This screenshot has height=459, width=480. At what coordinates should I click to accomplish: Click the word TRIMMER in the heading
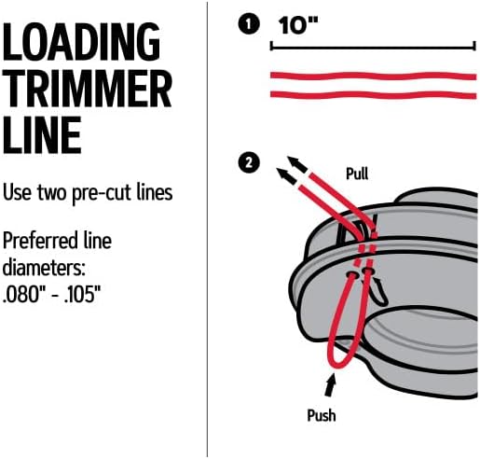(87, 90)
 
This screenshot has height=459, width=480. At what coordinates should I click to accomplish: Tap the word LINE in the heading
(43, 135)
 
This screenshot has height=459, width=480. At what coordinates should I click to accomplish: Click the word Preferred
(43, 242)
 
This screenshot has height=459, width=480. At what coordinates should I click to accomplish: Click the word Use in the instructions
(18, 194)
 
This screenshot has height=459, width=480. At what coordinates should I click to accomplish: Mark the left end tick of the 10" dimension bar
(271, 44)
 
